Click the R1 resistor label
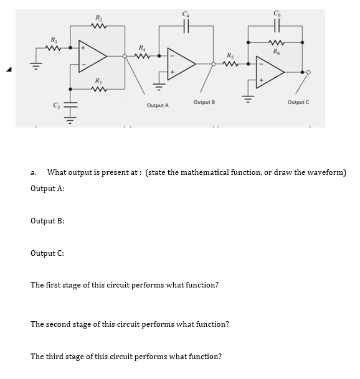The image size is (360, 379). click(54, 40)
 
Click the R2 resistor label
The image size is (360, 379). click(98, 16)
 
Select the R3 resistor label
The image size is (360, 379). click(98, 81)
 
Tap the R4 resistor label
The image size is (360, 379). click(143, 48)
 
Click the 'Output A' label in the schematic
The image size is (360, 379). click(158, 106)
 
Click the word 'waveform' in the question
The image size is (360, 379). click(323, 172)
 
